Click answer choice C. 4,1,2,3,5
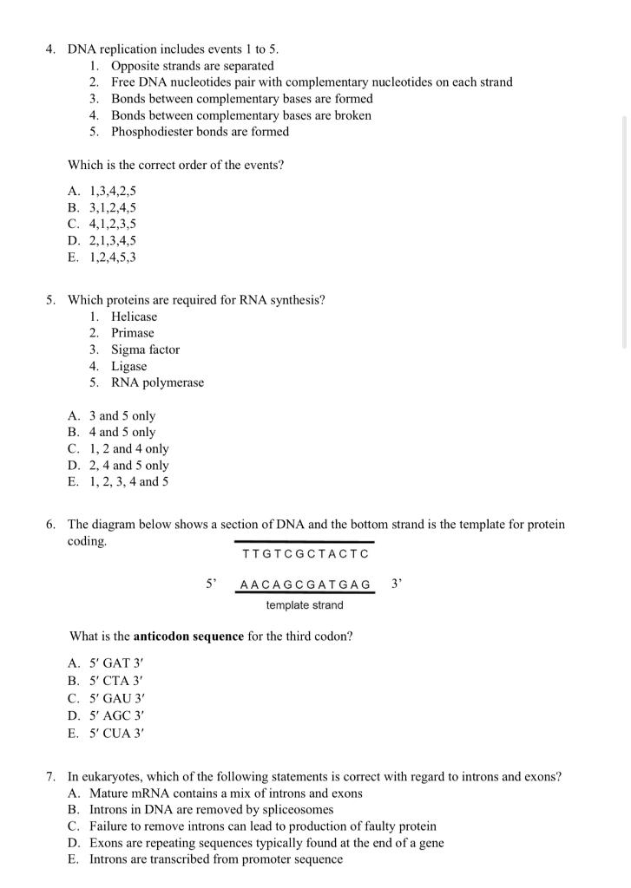pyautogui.click(x=102, y=224)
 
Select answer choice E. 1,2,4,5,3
pyautogui.click(x=102, y=257)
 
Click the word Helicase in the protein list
pyautogui.click(x=134, y=317)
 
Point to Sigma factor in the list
pyautogui.click(x=145, y=349)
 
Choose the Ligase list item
pyautogui.click(x=128, y=366)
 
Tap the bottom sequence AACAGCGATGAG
pyautogui.click(x=305, y=585)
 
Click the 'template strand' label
pyautogui.click(x=304, y=605)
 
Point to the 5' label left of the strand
pyautogui.click(x=210, y=584)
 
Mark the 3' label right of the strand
pyautogui.click(x=396, y=584)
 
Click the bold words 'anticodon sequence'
pyautogui.click(x=188, y=636)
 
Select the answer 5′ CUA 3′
pyautogui.click(x=106, y=732)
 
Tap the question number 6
pyautogui.click(x=51, y=525)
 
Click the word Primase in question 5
pyautogui.click(x=132, y=333)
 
